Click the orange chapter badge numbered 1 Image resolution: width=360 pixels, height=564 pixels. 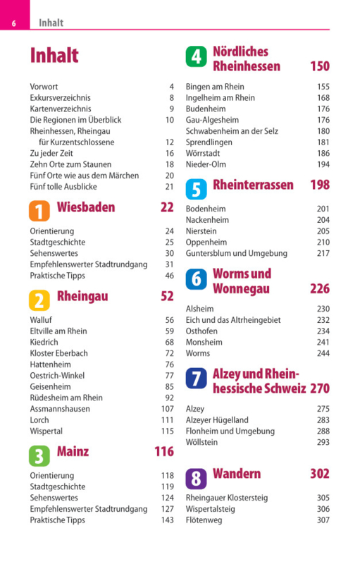coord(39,211)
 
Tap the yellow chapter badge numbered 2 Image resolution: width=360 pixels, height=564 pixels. coord(39,300)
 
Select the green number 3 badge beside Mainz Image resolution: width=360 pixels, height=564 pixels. coord(39,455)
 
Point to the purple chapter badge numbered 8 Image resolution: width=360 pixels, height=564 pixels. coord(196,479)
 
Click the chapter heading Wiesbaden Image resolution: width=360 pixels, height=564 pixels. coord(86,207)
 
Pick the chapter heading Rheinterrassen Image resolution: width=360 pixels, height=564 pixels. coord(253,185)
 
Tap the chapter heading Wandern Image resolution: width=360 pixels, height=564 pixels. coord(237,473)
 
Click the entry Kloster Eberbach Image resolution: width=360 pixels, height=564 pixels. coord(58,353)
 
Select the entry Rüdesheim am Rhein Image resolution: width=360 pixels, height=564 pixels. coord(66,398)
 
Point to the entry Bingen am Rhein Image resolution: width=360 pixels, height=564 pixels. coord(215,87)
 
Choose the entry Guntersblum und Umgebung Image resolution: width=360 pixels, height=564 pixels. coord(237,254)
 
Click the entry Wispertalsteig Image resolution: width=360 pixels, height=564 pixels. coord(210,509)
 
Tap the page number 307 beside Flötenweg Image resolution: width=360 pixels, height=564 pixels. coord(323,520)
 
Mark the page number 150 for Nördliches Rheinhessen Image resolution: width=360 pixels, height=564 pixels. coord(320,66)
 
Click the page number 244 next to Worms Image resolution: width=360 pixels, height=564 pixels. coord(323,353)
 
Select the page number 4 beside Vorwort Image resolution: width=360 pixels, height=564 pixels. coord(172,87)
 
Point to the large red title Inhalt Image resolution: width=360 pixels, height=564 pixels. coord(54,56)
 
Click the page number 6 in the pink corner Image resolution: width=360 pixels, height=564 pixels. coord(13,24)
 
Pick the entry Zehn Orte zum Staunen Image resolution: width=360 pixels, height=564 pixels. coord(70,164)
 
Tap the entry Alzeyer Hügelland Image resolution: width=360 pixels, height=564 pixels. coord(217,420)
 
